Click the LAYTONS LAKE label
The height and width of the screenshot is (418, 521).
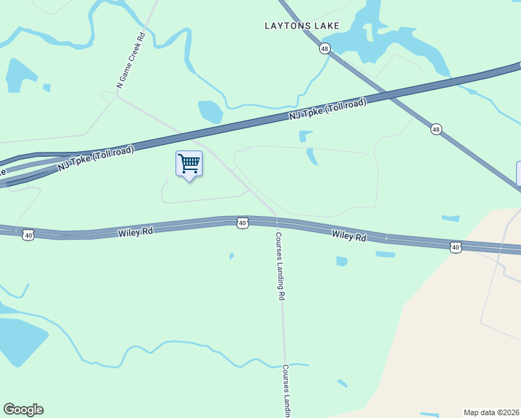click(302, 26)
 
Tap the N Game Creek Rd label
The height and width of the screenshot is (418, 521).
click(131, 61)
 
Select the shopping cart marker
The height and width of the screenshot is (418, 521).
click(189, 164)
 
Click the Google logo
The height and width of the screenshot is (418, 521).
click(23, 410)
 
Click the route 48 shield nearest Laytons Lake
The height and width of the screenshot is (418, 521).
click(325, 48)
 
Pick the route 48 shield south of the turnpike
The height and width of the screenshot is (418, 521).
click(435, 129)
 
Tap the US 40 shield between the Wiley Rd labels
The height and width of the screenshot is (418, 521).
click(242, 223)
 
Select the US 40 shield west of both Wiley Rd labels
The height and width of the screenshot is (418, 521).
click(28, 235)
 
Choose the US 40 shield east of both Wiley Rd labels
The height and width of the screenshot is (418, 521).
click(455, 247)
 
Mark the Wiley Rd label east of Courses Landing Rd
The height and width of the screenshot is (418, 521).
click(349, 237)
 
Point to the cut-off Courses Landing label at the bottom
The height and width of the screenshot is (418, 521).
click(286, 390)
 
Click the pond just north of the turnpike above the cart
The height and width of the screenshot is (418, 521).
click(210, 111)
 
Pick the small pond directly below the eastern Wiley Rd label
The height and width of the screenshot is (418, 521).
click(341, 261)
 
